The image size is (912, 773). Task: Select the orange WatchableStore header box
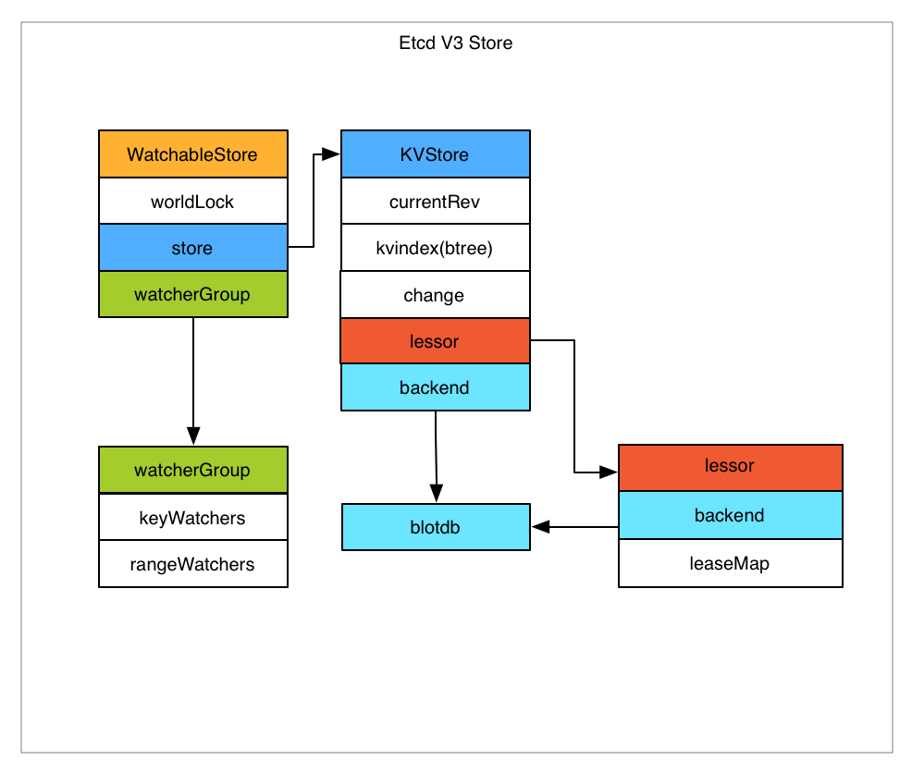[192, 154]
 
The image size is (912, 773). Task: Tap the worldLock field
[192, 202]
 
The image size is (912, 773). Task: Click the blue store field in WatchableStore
[192, 248]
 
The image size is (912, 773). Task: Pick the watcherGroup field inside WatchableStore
[192, 295]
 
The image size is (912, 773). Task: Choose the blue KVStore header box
[435, 154]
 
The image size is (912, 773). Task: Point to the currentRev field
[435, 202]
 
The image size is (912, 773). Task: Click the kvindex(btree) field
[435, 248]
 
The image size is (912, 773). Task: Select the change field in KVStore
[435, 295]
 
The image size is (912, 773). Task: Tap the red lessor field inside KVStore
[435, 341]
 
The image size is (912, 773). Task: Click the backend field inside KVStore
[435, 387]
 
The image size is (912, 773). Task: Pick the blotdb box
[436, 527]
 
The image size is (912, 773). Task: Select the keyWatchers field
[192, 518]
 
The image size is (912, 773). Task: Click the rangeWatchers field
[192, 564]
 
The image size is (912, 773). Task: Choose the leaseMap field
[730, 563]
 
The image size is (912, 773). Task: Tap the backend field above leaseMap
[730, 515]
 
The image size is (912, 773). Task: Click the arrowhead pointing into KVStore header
[332, 154]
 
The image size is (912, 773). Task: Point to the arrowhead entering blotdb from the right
[541, 527]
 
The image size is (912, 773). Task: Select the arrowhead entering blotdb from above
[436, 496]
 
